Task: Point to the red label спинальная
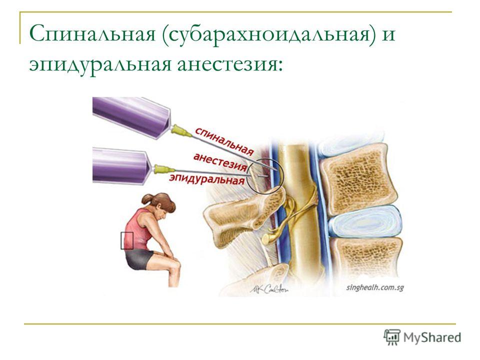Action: click(224, 141)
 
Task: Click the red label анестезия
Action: click(220, 162)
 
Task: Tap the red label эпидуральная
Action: click(207, 179)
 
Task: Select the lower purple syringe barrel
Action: click(124, 165)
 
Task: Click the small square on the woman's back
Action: click(126, 240)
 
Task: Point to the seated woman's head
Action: click(159, 204)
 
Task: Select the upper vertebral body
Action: click(358, 178)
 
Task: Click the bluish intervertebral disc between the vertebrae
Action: click(364, 222)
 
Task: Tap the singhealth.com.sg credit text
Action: click(375, 287)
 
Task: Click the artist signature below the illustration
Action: click(269, 288)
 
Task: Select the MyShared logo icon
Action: click(392, 337)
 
